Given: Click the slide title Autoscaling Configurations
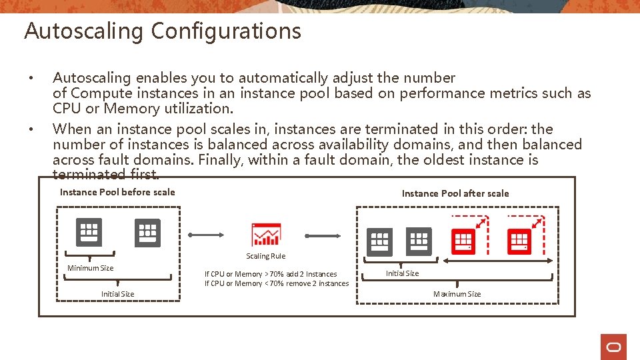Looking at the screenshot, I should point(162,31).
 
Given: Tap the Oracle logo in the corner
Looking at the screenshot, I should point(613,347).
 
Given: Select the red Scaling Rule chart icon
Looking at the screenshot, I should point(266,235).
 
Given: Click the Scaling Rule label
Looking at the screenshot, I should point(265,256).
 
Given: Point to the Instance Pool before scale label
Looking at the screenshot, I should point(117,192).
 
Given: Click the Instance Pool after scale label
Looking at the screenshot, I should point(455,193).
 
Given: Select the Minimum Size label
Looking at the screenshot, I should point(90,268).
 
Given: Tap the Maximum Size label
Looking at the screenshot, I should point(457,294).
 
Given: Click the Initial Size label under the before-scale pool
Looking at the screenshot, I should point(117,294).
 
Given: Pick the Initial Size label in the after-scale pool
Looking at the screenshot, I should point(403,273).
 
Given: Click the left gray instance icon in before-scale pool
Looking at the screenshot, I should point(89,232).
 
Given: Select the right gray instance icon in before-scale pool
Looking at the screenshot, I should point(148,233).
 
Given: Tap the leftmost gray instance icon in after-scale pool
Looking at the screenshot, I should point(380,241).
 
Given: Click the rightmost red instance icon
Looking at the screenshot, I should point(519,241).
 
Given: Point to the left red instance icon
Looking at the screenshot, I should point(463,241).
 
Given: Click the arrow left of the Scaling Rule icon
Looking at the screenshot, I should point(208,235).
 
